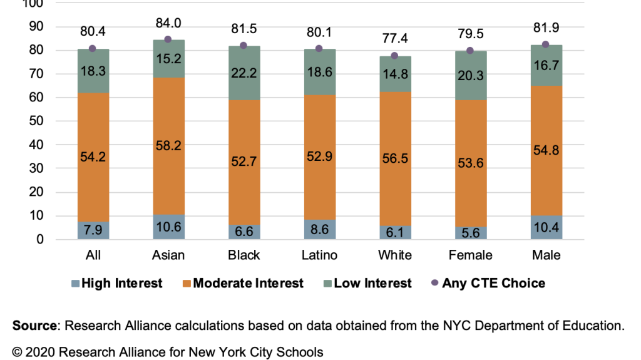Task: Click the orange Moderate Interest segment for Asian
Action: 168,125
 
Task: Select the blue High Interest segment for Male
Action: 546,227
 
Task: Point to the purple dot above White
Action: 394,56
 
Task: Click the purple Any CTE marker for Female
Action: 470,51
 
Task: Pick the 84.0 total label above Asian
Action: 168,23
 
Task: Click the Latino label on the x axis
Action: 319,255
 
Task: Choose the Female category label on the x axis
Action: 470,255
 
